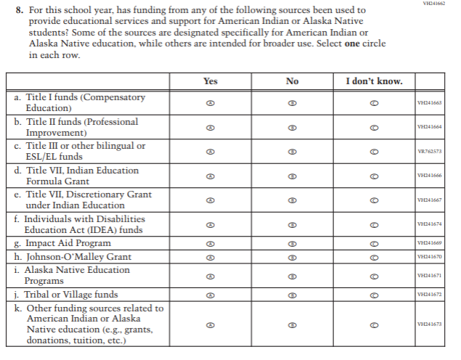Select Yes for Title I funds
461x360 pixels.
(x=210, y=103)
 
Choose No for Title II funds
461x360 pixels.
(x=292, y=127)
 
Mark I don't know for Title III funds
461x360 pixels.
(x=374, y=152)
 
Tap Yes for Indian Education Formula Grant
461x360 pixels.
(x=210, y=176)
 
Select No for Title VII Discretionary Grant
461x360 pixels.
(x=292, y=200)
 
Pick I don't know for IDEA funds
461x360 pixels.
(x=374, y=224)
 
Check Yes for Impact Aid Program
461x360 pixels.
(x=210, y=243)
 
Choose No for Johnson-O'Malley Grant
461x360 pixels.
(x=292, y=256)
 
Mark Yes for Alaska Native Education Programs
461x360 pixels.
(x=210, y=276)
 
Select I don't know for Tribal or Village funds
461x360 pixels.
(x=374, y=295)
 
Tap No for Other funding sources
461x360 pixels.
(x=292, y=324)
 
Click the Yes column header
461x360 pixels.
(x=210, y=81)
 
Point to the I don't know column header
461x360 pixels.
(x=374, y=81)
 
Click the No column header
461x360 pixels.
(x=292, y=81)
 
